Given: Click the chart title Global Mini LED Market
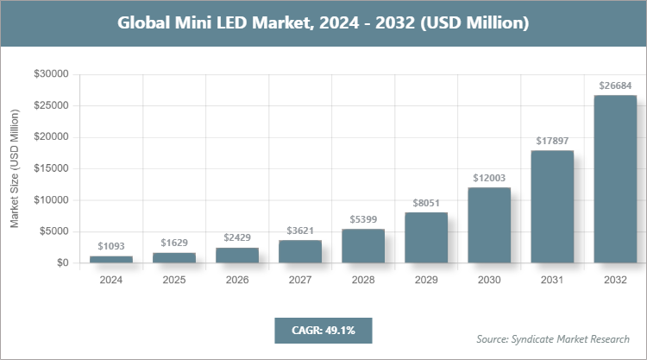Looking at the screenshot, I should pos(323,23).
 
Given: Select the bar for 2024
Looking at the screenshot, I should pos(111,259).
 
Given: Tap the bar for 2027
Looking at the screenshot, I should pos(300,251).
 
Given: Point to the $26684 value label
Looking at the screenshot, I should pos(615,85).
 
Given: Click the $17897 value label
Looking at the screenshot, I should pos(552,141).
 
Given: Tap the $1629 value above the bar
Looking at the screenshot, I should pos(174,243).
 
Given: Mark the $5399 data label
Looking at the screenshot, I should pos(363,219).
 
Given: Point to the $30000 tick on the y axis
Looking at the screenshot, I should pos(51,74).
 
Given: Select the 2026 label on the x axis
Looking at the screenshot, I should pos(237,280).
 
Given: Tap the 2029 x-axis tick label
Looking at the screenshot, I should pos(426,280).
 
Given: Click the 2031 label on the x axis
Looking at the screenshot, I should pos(552,280).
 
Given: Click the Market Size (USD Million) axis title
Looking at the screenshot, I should pos(15,168).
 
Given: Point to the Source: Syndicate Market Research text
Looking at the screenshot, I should pos(552,338).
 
